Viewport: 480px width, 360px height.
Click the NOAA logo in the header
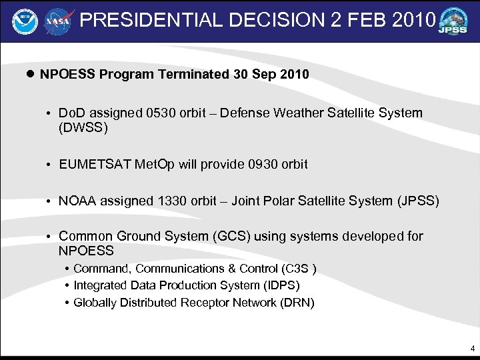(x=24, y=21)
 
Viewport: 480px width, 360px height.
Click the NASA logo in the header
(x=58, y=21)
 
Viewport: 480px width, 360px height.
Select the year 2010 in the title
(x=412, y=20)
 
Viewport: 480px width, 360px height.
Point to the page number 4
(x=472, y=348)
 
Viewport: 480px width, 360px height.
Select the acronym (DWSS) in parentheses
(x=83, y=127)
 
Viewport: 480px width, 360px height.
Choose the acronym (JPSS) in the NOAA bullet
(x=418, y=200)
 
